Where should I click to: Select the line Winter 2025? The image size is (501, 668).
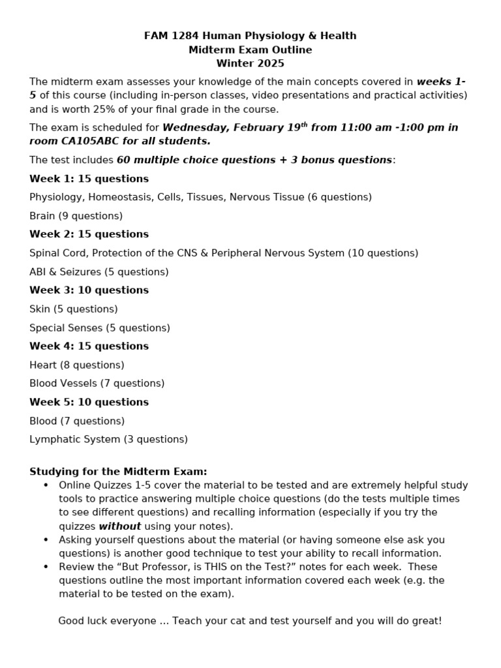250,63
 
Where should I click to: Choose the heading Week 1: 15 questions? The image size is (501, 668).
89,179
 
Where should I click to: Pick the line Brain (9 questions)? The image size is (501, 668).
76,216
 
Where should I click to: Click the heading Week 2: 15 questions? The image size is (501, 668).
89,234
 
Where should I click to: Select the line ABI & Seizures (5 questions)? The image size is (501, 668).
99,272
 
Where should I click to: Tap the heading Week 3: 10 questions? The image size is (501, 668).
89,290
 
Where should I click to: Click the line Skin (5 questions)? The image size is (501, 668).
74,309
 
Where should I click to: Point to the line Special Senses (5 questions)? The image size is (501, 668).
99,328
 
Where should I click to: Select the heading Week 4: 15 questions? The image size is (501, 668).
89,346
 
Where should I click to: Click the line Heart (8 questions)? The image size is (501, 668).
76,365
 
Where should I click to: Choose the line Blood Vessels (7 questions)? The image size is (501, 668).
97,384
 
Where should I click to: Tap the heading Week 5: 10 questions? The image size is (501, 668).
89,402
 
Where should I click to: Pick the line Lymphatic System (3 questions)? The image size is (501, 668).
108,440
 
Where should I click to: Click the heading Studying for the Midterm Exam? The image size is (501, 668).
118,472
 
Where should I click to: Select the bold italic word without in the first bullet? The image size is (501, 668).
119,526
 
